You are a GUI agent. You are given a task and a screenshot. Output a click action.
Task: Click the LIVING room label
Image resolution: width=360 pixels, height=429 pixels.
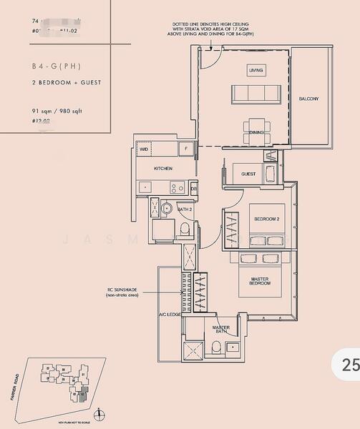click(x=256, y=71)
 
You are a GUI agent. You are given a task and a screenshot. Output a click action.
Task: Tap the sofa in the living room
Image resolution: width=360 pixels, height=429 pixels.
click(x=255, y=93)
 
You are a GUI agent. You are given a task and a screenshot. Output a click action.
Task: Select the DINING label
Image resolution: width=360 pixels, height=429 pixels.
click(x=256, y=132)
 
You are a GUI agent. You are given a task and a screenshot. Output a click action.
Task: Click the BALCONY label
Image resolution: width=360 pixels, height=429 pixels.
click(x=309, y=99)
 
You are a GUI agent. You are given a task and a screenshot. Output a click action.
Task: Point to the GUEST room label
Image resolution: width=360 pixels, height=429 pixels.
click(x=248, y=174)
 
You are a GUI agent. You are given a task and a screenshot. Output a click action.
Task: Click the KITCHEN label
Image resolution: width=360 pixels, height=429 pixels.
click(x=163, y=169)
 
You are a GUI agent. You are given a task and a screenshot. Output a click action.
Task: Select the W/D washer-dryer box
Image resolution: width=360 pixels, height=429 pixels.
click(x=144, y=149)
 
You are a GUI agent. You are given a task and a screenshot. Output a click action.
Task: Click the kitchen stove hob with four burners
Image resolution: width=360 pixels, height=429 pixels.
click(x=176, y=188)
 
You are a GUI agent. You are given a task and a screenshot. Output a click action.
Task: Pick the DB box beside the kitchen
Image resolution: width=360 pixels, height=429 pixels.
click(x=193, y=188)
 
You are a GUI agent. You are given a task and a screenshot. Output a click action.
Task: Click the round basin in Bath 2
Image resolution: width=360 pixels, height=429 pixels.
click(x=165, y=209)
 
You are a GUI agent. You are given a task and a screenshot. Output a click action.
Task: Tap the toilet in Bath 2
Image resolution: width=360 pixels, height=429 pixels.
click(x=185, y=229)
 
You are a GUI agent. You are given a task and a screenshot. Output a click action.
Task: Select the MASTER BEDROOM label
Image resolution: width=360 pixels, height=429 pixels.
click(x=260, y=282)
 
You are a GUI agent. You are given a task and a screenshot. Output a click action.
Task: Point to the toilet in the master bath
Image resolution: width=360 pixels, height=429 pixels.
click(x=215, y=347)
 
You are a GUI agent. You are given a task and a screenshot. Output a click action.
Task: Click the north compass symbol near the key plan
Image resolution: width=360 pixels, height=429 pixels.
click(x=99, y=413)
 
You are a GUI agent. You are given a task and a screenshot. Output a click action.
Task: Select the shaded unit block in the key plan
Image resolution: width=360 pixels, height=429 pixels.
click(x=81, y=393)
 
